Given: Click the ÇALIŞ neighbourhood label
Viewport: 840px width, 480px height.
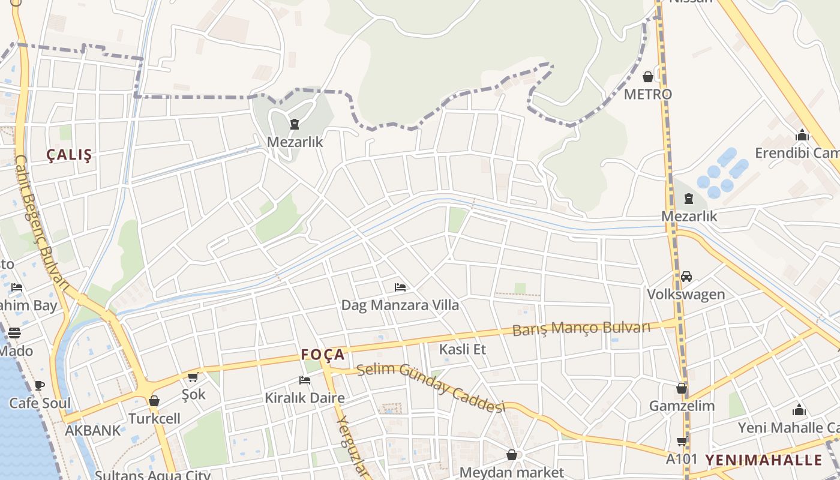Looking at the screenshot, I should pos(70,155).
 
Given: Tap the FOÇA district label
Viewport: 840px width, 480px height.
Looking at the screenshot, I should pos(323,355).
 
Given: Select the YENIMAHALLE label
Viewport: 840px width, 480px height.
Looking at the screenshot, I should pos(763,460).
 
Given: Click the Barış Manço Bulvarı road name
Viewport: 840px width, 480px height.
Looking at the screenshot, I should pos(581,328).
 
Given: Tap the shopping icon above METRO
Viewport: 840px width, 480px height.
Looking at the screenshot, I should pos(648,77).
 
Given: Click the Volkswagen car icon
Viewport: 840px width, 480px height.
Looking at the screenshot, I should pos(686,277).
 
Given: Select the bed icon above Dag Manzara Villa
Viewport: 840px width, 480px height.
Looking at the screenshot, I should pos(400,287).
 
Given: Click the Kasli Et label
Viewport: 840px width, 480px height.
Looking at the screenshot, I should pos(462,349).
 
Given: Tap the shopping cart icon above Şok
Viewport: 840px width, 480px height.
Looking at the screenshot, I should pos(193,377).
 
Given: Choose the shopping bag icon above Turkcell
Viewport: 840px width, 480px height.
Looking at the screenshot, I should pos(154,401).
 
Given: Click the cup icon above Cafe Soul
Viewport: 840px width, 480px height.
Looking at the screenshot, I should pos(40,385).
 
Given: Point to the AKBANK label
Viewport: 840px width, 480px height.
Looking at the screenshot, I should pos(92,430).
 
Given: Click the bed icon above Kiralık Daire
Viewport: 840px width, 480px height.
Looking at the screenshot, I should pos(305,380).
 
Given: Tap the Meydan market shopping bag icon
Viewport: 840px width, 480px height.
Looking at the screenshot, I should pos(512,455).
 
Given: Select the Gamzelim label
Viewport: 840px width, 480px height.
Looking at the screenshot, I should pos(682,406).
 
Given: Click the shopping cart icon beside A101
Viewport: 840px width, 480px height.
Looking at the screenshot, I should pos(682,442).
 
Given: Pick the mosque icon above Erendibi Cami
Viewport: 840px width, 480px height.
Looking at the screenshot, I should pos(802,135).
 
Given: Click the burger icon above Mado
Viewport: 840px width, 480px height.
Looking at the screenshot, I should pos(14,332).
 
